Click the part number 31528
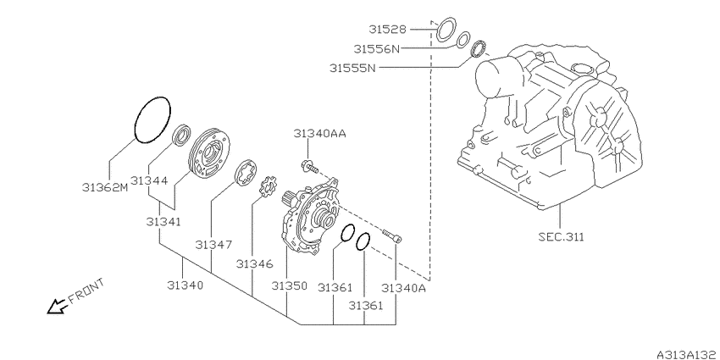(388, 30)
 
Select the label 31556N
(377, 48)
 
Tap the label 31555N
(352, 69)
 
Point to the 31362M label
(105, 187)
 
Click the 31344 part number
(149, 180)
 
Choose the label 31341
(163, 222)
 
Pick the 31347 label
(213, 244)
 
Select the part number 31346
(255, 264)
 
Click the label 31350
(289, 286)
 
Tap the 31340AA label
(319, 134)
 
